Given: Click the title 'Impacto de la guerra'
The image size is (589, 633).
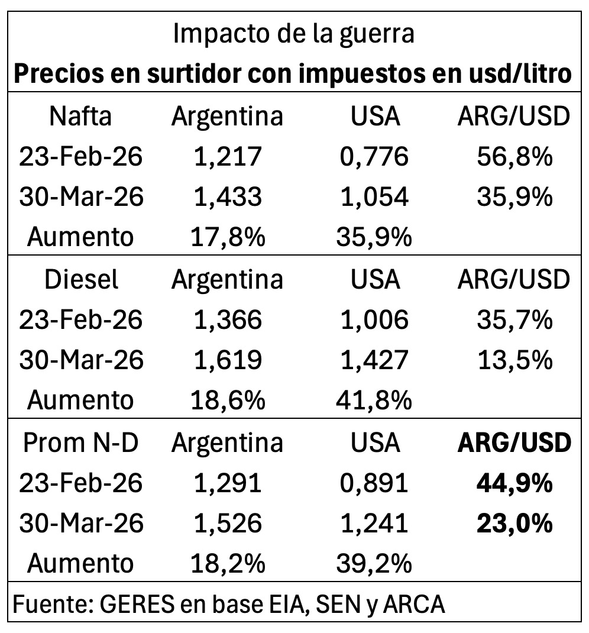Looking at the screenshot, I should [x=294, y=34].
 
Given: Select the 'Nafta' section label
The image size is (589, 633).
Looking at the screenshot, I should [x=80, y=117].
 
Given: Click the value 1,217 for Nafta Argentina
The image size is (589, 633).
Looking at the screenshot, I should [x=227, y=157].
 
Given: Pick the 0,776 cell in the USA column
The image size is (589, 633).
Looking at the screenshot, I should [x=374, y=157].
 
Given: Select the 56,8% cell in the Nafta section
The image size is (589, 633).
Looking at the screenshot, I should [x=514, y=157].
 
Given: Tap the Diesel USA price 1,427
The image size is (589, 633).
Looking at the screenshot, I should [x=374, y=360].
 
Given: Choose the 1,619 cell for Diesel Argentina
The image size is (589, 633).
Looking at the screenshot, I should [x=227, y=360].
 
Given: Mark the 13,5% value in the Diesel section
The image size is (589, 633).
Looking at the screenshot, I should [x=514, y=360].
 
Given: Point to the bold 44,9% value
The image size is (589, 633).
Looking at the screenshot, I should [x=514, y=483].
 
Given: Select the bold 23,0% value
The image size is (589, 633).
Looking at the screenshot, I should [x=514, y=524].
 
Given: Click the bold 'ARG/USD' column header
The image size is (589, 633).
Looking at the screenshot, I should [x=514, y=443].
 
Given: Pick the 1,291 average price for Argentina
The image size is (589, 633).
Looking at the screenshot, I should [x=227, y=483].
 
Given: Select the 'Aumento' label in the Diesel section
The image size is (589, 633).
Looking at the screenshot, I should [x=80, y=401].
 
